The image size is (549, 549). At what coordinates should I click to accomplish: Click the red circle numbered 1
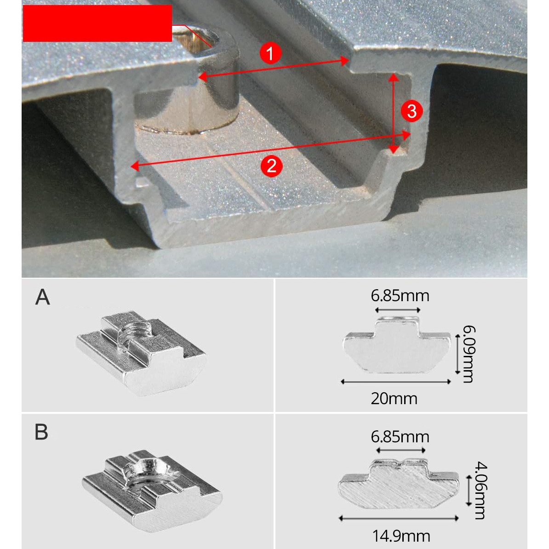pos(270,54)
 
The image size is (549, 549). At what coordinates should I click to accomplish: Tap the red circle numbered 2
pos(271,166)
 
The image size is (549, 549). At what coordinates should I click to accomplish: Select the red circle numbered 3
pos(412,111)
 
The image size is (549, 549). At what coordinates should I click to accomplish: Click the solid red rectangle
pos(97,23)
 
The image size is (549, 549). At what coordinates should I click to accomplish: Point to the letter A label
pos(43,297)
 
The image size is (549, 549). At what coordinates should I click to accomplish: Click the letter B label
pos(41,432)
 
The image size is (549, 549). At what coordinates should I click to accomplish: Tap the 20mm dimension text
pos(394,399)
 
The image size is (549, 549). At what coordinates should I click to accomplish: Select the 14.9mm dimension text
pos(401,536)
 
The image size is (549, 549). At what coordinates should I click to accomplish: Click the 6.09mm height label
pos(469,354)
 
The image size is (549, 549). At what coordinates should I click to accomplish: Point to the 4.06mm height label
pos(481,490)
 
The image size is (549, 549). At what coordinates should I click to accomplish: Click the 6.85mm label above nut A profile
pos(400,296)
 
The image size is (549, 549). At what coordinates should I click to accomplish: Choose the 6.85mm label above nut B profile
pos(400,437)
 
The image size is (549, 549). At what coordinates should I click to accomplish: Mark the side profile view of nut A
pos(397,344)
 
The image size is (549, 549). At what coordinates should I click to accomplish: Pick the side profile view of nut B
pos(399,484)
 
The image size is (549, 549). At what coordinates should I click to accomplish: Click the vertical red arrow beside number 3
pos(394,114)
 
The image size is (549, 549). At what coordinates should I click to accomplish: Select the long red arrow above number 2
pos(270,150)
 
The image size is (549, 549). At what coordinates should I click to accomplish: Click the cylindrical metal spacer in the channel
pos(187,82)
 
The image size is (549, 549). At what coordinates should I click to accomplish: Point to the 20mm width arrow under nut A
pos(395,382)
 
